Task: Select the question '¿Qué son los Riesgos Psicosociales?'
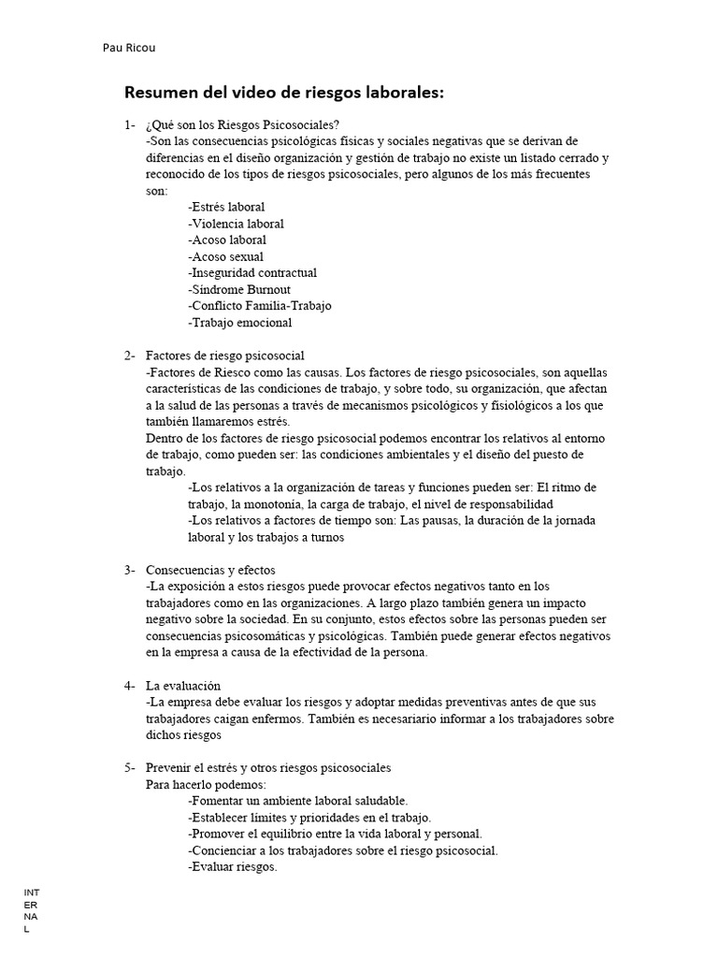[x=242, y=124]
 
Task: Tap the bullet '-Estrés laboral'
[x=226, y=207]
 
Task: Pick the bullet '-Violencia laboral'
[x=236, y=224]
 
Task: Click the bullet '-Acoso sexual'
[x=225, y=256]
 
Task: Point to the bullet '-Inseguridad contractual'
[x=252, y=273]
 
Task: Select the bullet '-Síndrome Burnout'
[x=238, y=290]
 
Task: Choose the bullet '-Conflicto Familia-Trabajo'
[x=259, y=306]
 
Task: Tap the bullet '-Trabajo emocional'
[x=239, y=323]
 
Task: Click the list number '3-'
[x=129, y=570]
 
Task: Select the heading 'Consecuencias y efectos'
[x=210, y=570]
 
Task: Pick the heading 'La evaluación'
[x=183, y=686]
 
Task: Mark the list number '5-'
[x=129, y=768]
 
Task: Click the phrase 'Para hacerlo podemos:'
[x=206, y=785]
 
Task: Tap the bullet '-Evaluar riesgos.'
[x=233, y=867]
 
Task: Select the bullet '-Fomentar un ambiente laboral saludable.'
[x=297, y=801]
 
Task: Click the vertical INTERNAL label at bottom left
[x=31, y=911]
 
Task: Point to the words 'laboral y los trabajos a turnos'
[x=266, y=537]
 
